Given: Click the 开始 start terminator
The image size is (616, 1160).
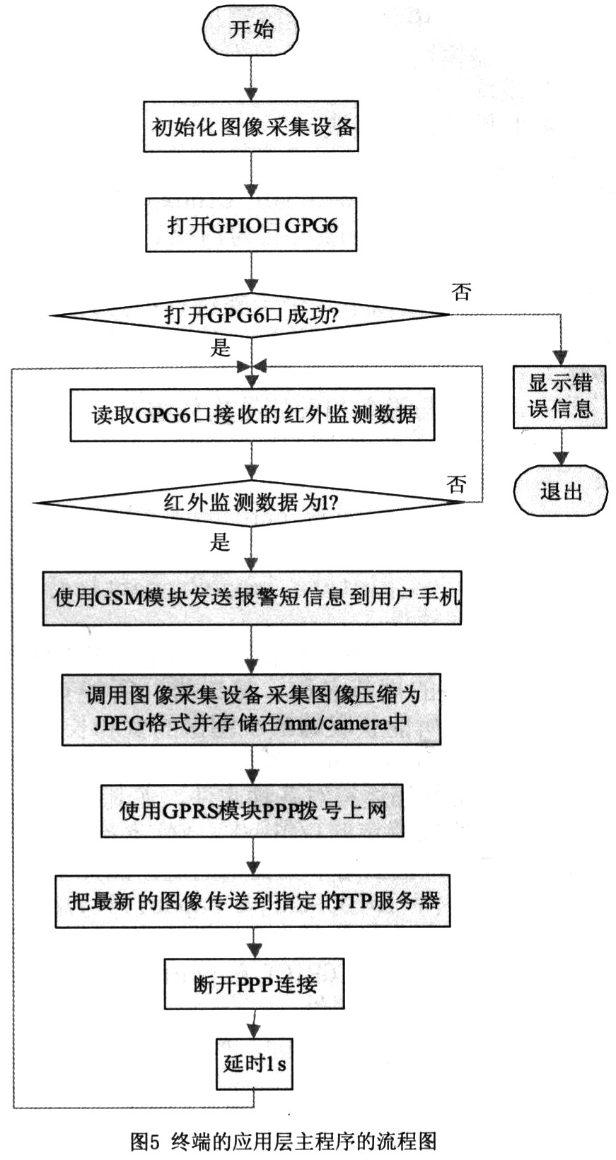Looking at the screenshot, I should click(251, 30).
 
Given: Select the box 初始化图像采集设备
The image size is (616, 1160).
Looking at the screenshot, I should click(251, 127).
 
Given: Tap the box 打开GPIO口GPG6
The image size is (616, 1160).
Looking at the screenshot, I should click(251, 225).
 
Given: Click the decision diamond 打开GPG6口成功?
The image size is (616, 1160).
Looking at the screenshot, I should click(251, 315).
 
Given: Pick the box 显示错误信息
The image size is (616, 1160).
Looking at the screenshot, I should click(560, 397).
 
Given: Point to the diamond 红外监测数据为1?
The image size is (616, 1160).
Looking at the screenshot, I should click(251, 503).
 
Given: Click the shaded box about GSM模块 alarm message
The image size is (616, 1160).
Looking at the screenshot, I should click(252, 597).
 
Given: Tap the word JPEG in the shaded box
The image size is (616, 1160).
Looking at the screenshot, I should click(117, 723).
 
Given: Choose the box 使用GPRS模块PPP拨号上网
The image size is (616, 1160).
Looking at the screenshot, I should click(252, 810).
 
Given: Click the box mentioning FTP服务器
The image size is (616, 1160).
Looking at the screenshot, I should click(252, 901).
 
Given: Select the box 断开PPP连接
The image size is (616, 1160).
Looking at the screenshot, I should click(254, 983).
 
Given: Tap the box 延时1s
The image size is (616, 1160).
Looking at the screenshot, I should click(254, 1062).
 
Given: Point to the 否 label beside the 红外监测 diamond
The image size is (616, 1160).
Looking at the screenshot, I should click(457, 484).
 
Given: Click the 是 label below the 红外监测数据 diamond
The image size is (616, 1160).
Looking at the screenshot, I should click(220, 542).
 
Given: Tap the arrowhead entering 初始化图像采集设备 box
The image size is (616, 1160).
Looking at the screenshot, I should click(251, 94).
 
